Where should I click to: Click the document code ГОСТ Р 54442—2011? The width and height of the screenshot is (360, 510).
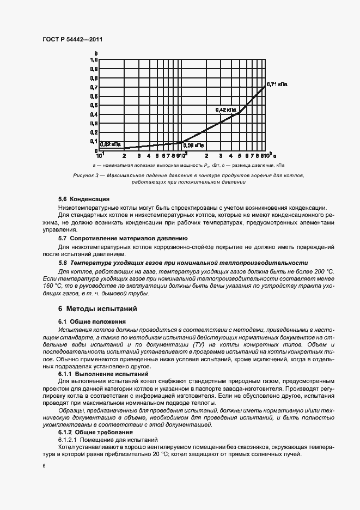pyautogui.click(x=73, y=40)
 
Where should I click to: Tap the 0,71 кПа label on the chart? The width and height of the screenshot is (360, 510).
pyautogui.click(x=276, y=85)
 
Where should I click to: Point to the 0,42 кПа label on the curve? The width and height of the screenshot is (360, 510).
pyautogui.click(x=226, y=110)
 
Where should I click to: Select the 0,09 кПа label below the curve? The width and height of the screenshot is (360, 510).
pyautogui.click(x=193, y=145)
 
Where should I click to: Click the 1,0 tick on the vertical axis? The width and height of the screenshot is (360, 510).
pyautogui.click(x=94, y=60)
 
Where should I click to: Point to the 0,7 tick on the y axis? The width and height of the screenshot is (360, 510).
pyautogui.click(x=94, y=87)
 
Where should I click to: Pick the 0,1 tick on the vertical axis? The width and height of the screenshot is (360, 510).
pyautogui.click(x=94, y=141)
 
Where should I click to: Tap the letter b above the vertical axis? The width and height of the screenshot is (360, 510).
pyautogui.click(x=96, y=53)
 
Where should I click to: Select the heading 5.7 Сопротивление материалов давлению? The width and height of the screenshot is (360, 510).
pyautogui.click(x=123, y=238)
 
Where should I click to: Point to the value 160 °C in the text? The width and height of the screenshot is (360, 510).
pyautogui.click(x=64, y=286)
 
